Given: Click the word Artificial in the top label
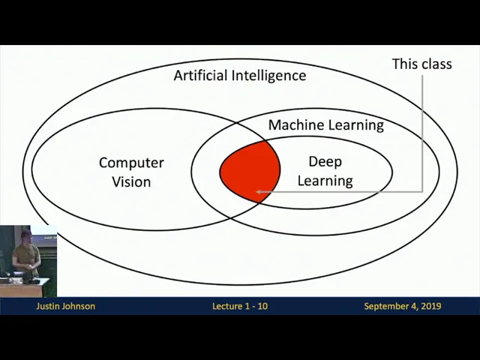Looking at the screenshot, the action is pos(200,76).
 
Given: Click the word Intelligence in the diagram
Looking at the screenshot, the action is pos(268,76).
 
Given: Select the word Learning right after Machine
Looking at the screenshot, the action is pos(356,125).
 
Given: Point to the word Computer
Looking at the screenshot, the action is pos(131,163).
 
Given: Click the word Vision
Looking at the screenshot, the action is pos(131,181).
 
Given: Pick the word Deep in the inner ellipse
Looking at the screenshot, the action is pos(325,162).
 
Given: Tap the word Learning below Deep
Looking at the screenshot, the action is pos(325,181).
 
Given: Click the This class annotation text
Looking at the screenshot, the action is pos(421,64).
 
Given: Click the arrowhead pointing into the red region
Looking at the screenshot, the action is pos(259,192).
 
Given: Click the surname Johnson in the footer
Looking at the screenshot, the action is pos(79,306).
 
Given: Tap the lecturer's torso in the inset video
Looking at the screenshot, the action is pos(27,256).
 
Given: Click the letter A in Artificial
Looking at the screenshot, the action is pos(178,76).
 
